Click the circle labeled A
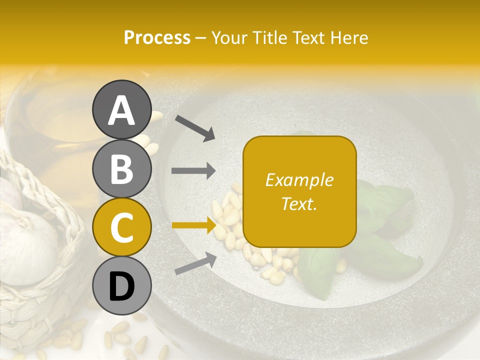[121, 110]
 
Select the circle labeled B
[121, 169]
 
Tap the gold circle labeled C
[121, 227]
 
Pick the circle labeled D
[121, 286]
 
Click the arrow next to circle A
[195, 128]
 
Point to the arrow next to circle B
[193, 171]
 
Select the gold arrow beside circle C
[193, 225]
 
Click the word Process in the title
[157, 37]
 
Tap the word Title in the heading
[266, 37]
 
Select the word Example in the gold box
[299, 180]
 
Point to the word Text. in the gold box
[299, 203]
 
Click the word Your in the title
[228, 37]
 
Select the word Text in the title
[307, 37]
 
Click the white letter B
[121, 169]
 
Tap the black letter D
[121, 286]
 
